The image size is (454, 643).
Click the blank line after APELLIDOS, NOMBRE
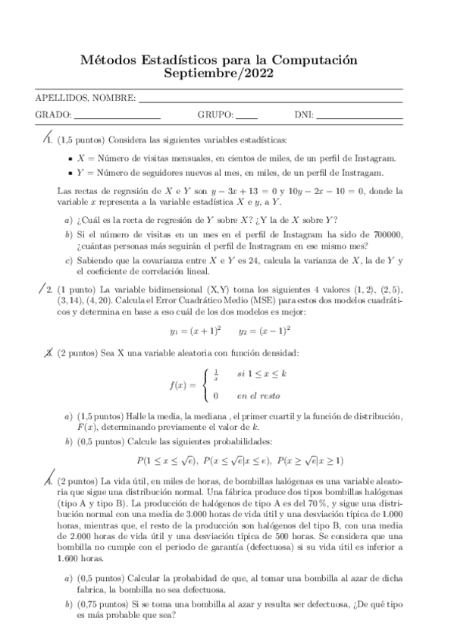point(270,99)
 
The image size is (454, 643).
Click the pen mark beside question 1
point(45,136)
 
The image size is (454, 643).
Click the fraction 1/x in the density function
point(216,372)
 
